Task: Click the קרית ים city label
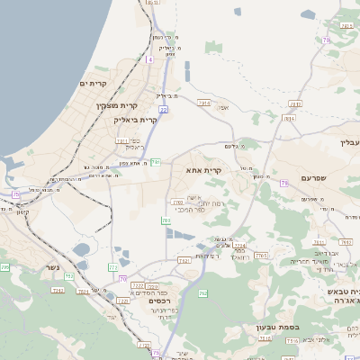[93, 84]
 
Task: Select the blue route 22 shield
[164, 110]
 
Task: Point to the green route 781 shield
[156, 162]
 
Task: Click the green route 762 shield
[202, 292]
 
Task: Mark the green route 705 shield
[4, 267]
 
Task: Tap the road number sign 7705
[262, 256]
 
